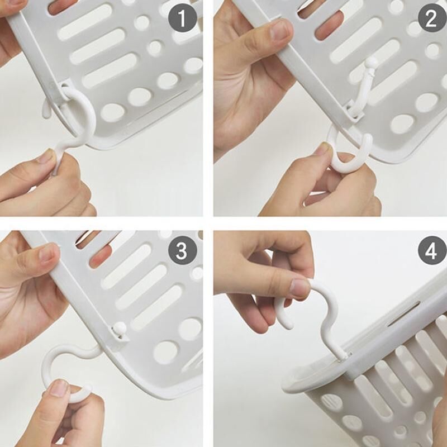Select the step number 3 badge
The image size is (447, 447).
point(183,250)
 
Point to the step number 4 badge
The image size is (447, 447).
point(432,250)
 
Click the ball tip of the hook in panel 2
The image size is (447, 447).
point(372,62)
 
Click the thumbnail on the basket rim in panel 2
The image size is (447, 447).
point(282,31)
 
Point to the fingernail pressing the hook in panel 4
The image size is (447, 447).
point(300,287)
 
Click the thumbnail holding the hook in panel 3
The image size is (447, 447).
point(59,388)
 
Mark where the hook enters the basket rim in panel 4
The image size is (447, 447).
point(344,356)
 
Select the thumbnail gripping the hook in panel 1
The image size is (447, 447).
point(46,156)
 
